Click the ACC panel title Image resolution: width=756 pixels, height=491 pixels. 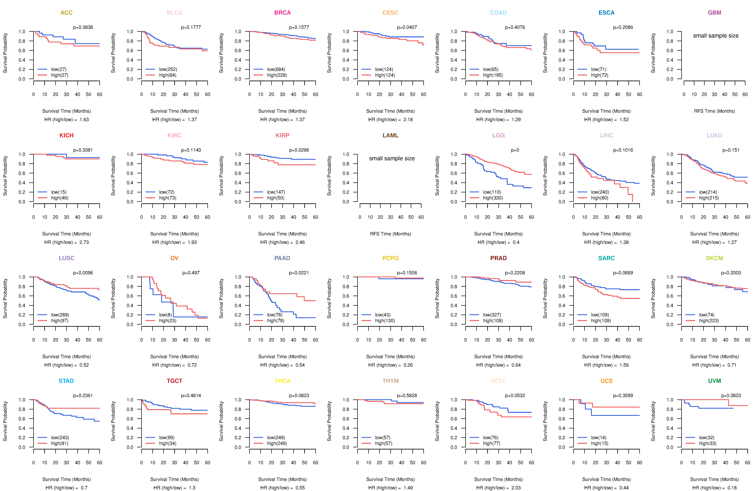[66, 13]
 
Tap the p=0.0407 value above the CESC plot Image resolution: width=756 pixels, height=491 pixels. [407, 27]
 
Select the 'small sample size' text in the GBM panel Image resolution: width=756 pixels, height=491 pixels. [716, 36]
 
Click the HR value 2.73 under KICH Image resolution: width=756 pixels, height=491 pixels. [84, 242]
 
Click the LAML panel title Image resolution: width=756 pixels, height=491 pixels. [390, 135]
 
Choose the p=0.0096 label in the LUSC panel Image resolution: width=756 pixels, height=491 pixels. [83, 273]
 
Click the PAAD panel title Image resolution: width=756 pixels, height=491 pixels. [282, 258]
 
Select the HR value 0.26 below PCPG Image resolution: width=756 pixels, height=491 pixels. [408, 365]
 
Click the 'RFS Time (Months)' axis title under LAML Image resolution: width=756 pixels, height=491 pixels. [390, 234]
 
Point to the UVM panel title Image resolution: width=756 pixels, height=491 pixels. [714, 381]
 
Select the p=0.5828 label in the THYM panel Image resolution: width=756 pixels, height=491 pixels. [407, 395]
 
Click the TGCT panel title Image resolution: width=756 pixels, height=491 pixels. [174, 381]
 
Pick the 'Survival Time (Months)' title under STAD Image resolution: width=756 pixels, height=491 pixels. [66, 479]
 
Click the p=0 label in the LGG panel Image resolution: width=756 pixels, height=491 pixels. [515, 150]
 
